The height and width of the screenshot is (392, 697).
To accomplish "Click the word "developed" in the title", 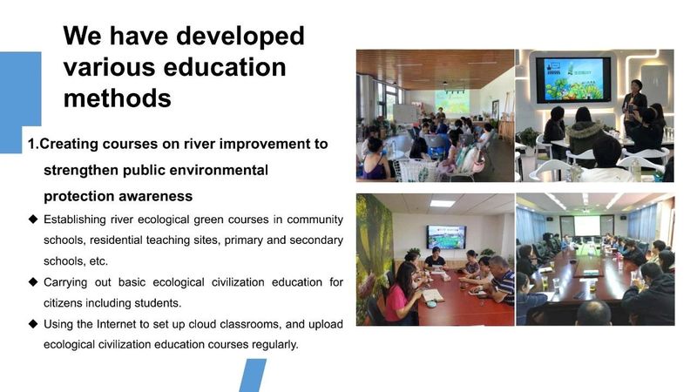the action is pos(240,37).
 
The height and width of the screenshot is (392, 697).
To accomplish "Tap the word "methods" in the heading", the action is pos(118,98).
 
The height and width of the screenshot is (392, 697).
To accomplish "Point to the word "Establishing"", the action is pos(75,220).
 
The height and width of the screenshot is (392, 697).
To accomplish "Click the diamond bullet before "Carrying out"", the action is pos(33,281).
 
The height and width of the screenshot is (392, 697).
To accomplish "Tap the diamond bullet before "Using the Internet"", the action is pos(33,323).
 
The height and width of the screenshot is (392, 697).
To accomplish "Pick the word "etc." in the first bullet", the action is pos(98,261).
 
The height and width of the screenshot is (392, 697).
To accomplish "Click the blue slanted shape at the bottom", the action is pos(252,375).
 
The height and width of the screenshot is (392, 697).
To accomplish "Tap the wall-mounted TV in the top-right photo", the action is pos(573,80).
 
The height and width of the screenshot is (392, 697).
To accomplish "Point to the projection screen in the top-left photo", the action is pos(452,101).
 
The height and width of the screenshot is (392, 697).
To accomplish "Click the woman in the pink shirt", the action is pos(401,293).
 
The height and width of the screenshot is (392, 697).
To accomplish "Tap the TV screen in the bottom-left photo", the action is pos(446,237).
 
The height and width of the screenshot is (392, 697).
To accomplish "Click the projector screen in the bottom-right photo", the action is pos(586,226).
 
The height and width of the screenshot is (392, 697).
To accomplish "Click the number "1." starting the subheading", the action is pos(33,144).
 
